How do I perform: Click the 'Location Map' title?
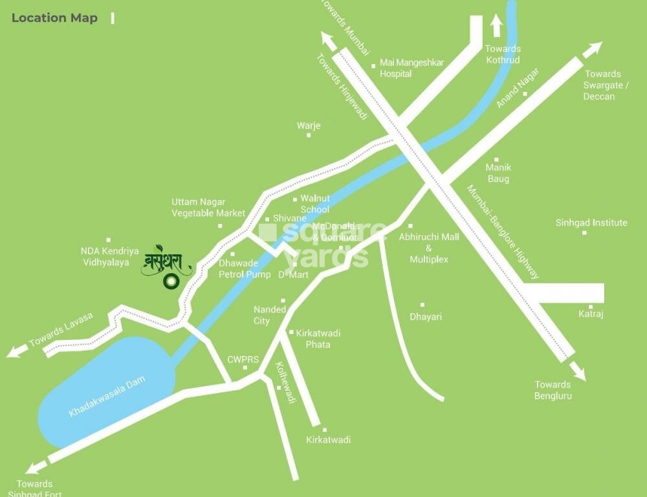[54, 18]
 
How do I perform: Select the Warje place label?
[309, 126]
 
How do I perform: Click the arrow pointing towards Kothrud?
[496, 27]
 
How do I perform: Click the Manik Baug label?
[498, 173]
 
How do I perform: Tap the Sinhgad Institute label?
[591, 223]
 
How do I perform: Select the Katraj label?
[590, 315]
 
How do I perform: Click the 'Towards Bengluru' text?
[553, 390]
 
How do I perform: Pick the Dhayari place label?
[426, 316]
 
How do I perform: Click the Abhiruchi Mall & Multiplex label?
[429, 248]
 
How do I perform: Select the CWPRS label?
[238, 359]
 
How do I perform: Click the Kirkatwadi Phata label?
[318, 338]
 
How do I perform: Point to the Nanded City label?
[270, 315]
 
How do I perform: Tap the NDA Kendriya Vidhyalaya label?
[110, 256]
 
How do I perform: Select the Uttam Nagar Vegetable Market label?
[208, 207]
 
